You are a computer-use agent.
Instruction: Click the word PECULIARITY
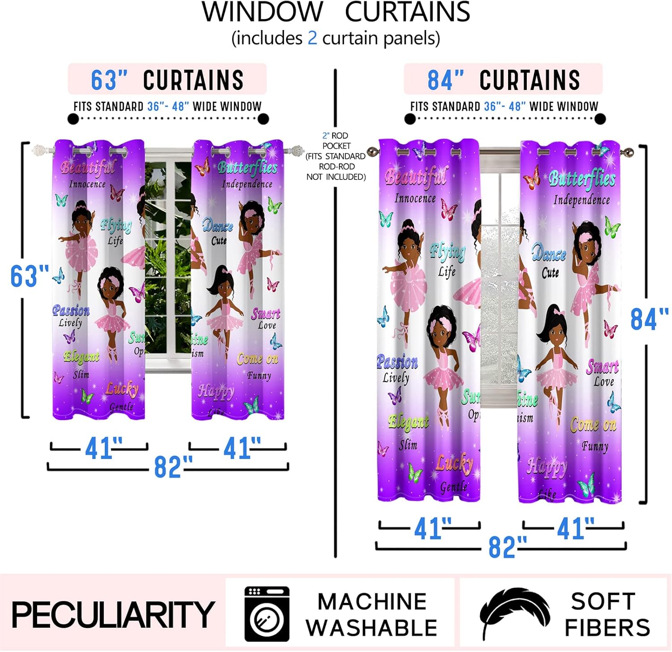pos(113,614)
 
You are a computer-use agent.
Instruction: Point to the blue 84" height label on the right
pos(649,319)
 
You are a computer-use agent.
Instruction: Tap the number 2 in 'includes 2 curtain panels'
pos(312,38)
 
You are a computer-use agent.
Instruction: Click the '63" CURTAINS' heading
pos(167,80)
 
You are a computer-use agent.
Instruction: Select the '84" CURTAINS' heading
pos(504,80)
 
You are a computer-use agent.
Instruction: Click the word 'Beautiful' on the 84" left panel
pos(416,176)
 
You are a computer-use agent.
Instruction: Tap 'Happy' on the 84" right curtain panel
pos(547,466)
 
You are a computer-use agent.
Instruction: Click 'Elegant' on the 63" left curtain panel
pos(82,356)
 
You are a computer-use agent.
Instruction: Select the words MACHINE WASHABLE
pos(371,614)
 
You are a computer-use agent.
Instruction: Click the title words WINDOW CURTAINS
pos(336,12)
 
